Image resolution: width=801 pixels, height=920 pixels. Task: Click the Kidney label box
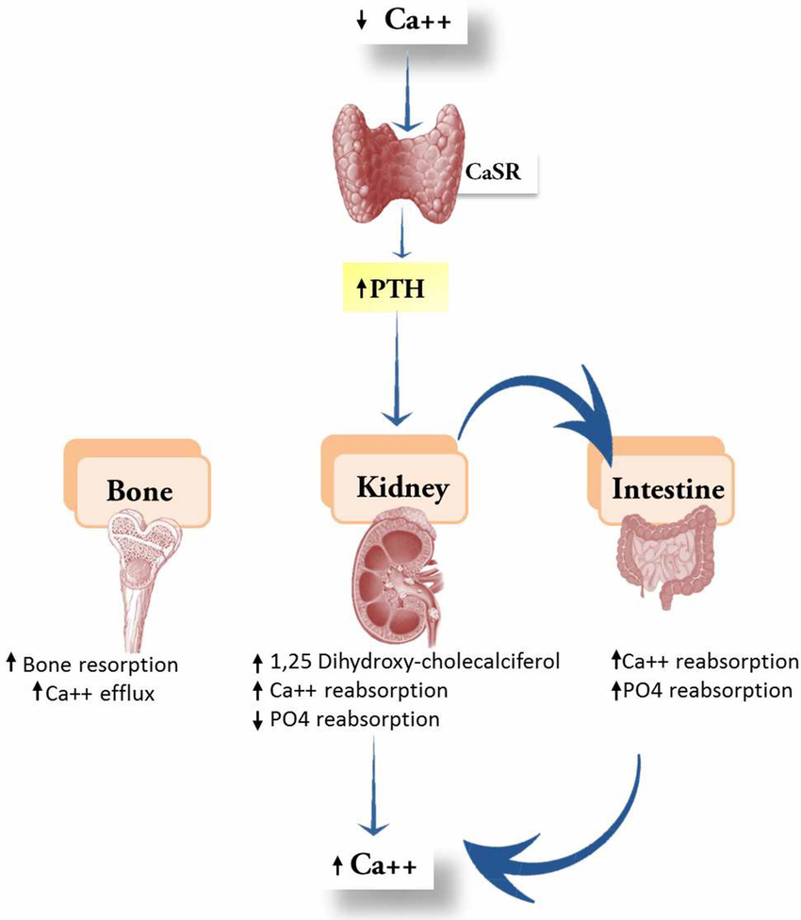pos(400,487)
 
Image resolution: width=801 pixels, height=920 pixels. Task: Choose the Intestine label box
pos(667,489)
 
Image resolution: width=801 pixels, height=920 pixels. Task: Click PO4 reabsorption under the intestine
pos(702,690)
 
